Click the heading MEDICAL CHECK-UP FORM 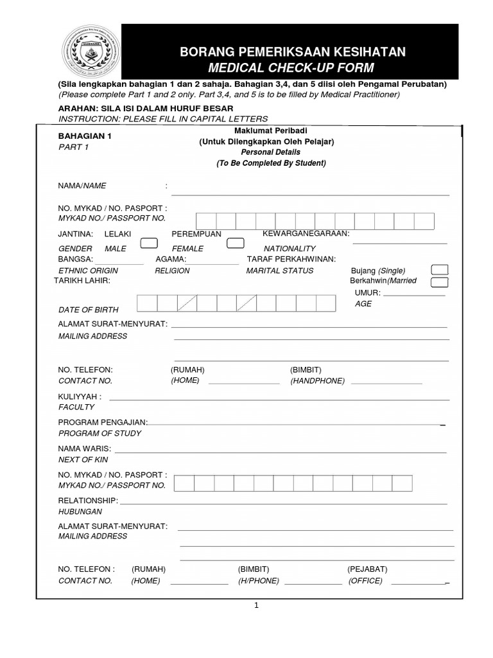click(292, 67)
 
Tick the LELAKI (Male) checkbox click(150, 243)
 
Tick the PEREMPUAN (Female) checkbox click(236, 243)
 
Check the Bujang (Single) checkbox click(440, 270)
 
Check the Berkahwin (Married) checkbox click(440, 282)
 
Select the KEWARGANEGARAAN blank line click(399, 244)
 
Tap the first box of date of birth click(147, 303)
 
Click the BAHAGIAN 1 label click(85, 136)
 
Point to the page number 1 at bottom click(255, 605)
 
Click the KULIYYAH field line click(279, 400)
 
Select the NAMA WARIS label click(85, 448)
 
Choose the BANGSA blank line click(119, 263)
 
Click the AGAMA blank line click(212, 263)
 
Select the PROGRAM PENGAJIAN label click(103, 422)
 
